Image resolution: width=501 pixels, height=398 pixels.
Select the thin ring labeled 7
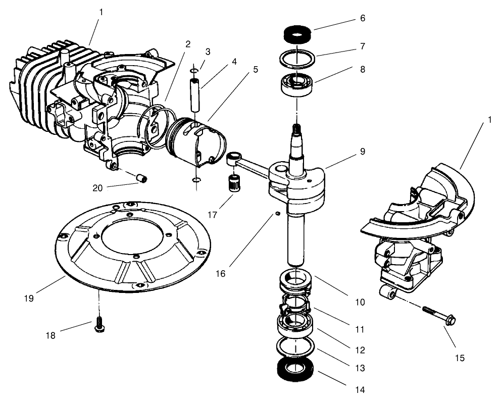point(296,57)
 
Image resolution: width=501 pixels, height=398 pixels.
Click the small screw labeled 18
point(99,326)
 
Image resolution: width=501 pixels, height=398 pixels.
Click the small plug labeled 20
point(142,178)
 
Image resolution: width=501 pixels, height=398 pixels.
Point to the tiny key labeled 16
point(278,214)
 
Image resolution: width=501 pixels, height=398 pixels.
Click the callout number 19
point(28,298)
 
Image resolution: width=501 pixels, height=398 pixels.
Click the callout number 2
point(188,44)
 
